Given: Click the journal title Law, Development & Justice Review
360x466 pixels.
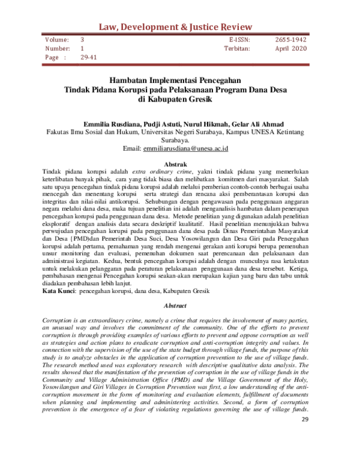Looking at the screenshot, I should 179,25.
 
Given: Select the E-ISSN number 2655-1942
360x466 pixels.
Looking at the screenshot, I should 291,39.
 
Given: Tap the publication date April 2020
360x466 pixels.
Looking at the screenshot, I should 291,48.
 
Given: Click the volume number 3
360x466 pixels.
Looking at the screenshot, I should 83,39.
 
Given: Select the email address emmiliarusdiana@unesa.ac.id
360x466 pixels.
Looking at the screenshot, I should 193,148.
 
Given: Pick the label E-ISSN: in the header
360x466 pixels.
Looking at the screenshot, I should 239,39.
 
